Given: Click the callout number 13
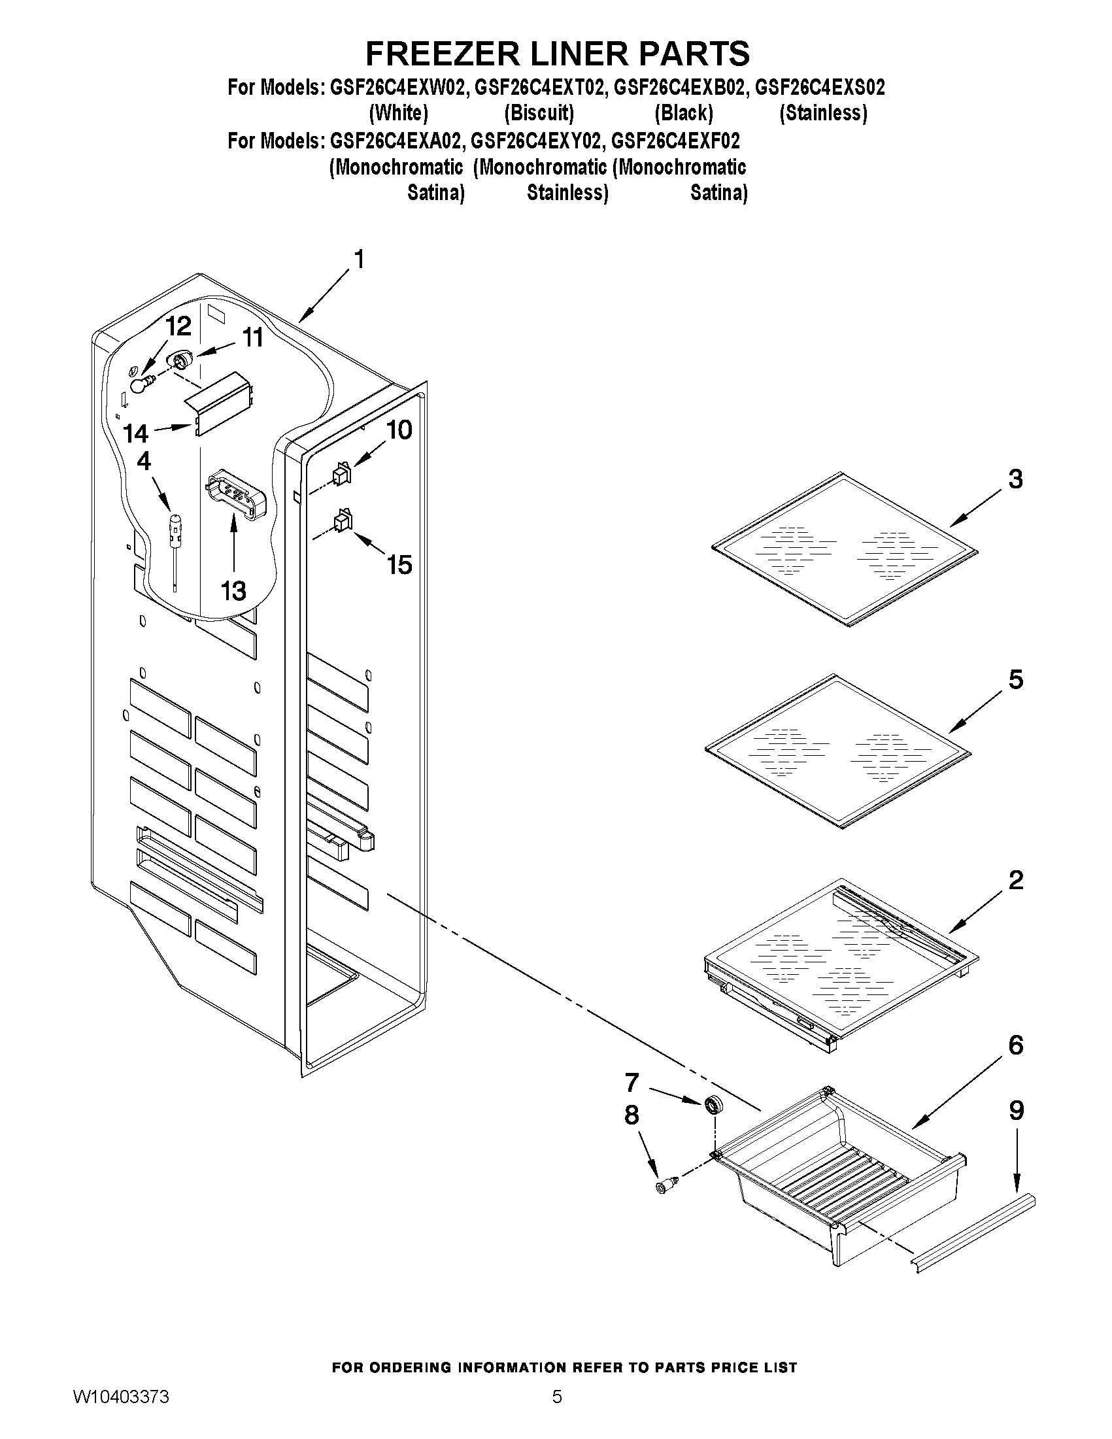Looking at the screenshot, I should pos(233,591).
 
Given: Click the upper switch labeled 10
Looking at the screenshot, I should pos(342,475).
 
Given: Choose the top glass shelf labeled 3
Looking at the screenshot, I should pos(845,548).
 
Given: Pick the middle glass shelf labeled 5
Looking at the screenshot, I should pos(837,750).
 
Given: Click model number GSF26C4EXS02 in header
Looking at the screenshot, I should pos(819,88).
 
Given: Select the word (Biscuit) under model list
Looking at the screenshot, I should pos(539,113).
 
